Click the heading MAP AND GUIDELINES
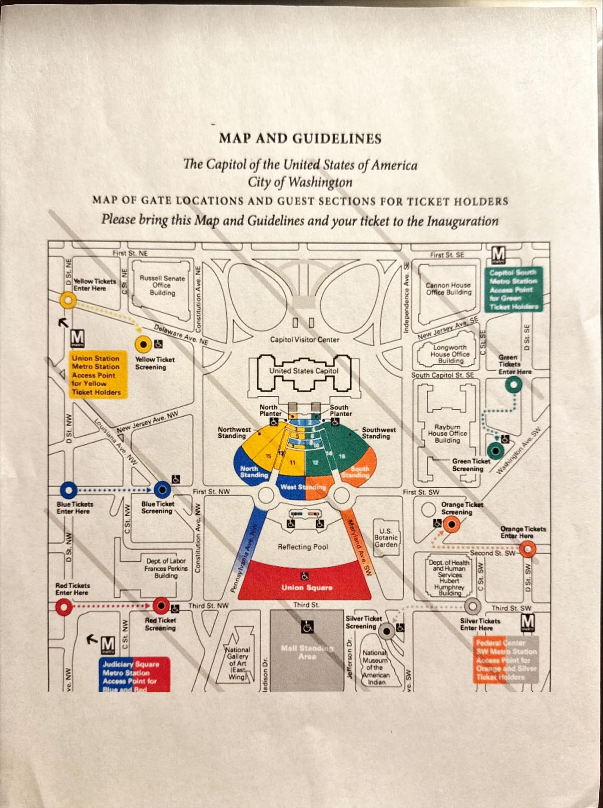point(300,139)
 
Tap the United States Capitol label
point(304,371)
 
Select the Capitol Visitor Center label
point(304,340)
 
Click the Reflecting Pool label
point(303,547)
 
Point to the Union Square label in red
point(307,587)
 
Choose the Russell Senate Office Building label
point(162,285)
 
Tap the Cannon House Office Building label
point(449,288)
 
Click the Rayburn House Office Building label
point(448,433)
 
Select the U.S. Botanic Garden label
point(386,538)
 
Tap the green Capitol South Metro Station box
point(513,289)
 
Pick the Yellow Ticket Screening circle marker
point(144,344)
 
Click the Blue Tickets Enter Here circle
point(69,490)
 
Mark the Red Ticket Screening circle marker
point(161,605)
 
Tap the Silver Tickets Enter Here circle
point(473,605)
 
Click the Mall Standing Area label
point(307,652)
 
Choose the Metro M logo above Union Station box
point(77,338)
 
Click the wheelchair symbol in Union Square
point(305,576)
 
